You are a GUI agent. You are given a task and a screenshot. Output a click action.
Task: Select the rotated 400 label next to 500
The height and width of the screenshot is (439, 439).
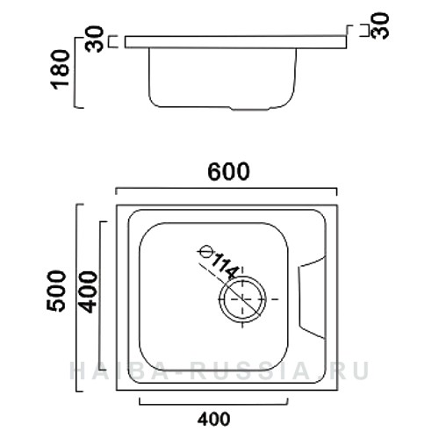88,289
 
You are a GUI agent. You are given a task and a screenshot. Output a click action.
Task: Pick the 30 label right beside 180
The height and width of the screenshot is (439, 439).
96,40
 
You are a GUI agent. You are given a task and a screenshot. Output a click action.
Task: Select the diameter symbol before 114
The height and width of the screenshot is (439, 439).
206,250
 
